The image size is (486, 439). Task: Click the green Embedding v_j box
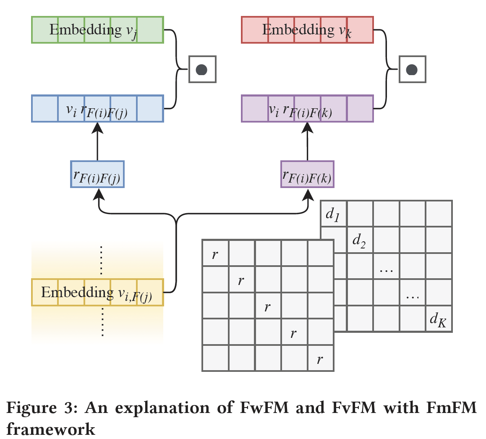coord(97,30)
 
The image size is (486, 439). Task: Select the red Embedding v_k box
coord(307,30)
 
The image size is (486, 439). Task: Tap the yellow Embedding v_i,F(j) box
coord(97,293)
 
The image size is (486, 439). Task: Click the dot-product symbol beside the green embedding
coord(202,69)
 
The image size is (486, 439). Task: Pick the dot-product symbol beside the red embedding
coord(412,69)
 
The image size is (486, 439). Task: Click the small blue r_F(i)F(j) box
coord(97,174)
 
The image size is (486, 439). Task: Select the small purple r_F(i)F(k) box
coord(307,174)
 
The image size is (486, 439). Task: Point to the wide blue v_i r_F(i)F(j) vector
coord(97,109)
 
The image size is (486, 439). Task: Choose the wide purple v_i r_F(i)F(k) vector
coord(307,109)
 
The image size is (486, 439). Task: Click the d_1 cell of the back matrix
coord(333,214)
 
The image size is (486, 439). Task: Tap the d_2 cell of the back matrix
coord(360,240)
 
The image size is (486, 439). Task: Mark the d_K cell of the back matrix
coord(439,319)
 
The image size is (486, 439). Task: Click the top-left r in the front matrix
coord(215,253)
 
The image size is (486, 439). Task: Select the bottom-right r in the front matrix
coord(320,359)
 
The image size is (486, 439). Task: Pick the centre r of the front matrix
coord(268,306)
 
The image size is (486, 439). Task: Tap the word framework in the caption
coord(51,429)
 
